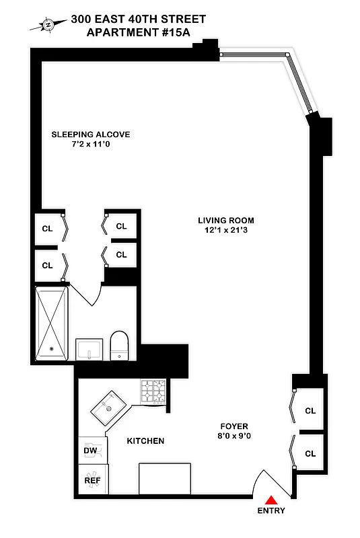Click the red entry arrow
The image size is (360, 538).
271,500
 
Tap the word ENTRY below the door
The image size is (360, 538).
271,510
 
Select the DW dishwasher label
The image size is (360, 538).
90,451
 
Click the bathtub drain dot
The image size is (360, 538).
51,349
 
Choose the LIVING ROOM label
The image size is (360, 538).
225,221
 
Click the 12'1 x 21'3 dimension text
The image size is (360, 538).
225,231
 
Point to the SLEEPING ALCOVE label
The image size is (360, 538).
91,134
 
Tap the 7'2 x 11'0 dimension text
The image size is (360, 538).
91,145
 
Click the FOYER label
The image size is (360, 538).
234,426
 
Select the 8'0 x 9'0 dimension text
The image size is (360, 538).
234,437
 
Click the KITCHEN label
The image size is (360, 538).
146,441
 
